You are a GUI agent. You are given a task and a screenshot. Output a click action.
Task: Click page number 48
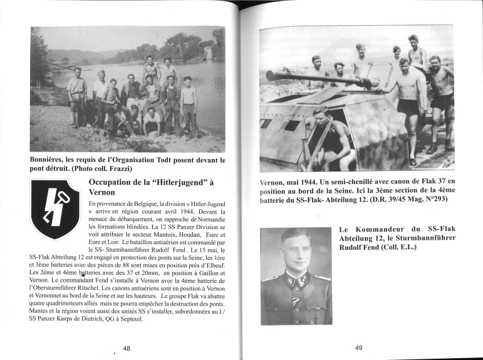tap(127, 348)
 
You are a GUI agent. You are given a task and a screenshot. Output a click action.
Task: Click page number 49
tap(359, 348)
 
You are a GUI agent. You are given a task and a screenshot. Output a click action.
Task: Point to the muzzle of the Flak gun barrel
tap(269, 76)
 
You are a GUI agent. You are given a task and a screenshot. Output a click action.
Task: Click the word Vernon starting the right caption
tap(274, 182)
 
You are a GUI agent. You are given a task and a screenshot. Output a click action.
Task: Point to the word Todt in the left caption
tap(162, 160)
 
